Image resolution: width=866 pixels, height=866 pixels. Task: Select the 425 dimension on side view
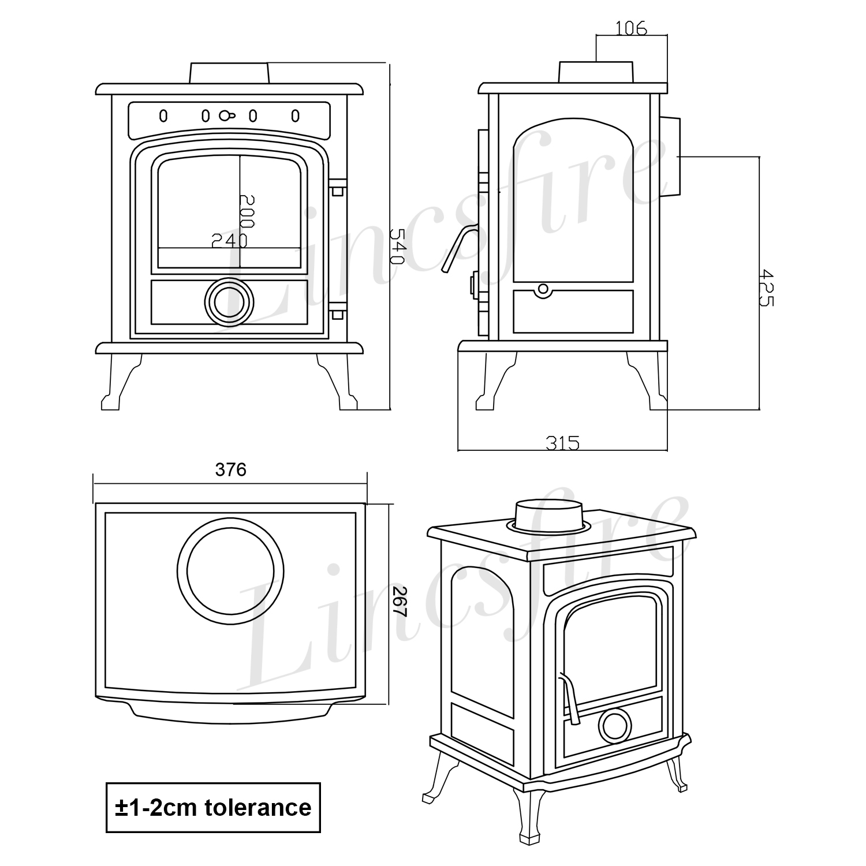click(767, 287)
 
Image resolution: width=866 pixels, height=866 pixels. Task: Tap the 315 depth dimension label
click(562, 443)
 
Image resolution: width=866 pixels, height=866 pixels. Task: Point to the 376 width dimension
click(231, 470)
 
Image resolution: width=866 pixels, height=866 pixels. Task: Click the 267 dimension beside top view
click(400, 602)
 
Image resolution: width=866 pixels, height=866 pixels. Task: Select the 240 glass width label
click(229, 240)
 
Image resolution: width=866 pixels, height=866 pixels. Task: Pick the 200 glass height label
click(247, 211)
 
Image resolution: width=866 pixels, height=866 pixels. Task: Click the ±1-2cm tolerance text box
click(213, 807)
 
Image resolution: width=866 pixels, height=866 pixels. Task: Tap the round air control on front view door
click(229, 302)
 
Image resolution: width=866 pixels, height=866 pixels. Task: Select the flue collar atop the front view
click(229, 73)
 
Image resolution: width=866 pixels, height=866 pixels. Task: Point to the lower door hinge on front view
click(337, 315)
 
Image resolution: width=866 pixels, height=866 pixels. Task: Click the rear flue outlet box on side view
click(670, 156)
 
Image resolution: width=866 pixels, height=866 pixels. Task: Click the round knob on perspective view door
click(615, 725)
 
